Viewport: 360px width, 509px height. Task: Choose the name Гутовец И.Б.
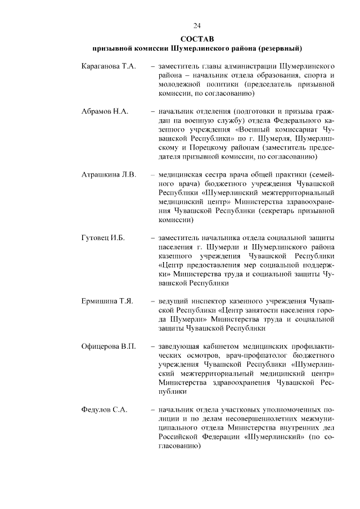tap(103, 238)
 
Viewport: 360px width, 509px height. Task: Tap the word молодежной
tap(181, 84)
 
